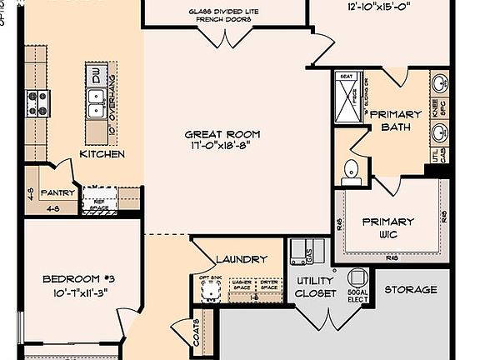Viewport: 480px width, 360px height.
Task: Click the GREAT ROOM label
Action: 222,133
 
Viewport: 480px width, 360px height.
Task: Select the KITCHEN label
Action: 102,154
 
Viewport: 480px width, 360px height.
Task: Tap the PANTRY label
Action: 59,193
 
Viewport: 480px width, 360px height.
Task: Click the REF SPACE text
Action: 99,204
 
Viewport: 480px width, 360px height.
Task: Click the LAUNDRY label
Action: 241,259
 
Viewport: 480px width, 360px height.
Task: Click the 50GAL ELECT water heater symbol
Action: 358,278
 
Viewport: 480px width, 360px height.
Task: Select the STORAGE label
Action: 410,290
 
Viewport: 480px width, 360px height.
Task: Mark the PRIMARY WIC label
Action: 387,227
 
